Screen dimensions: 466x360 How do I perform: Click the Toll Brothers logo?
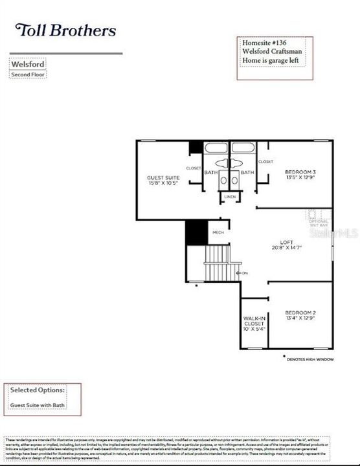[65, 30]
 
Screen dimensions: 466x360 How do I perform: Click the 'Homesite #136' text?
[262, 43]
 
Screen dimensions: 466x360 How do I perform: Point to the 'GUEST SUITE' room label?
[163, 179]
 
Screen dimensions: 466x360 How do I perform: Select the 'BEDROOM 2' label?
[300, 315]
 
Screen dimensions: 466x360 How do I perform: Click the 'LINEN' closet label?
[229, 196]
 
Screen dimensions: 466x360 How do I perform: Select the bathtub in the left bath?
[217, 148]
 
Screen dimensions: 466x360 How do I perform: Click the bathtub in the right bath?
[243, 148]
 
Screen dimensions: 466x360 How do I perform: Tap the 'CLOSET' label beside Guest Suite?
[194, 168]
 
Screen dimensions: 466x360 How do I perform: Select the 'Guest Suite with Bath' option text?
[38, 405]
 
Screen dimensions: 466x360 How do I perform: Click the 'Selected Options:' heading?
[37, 390]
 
